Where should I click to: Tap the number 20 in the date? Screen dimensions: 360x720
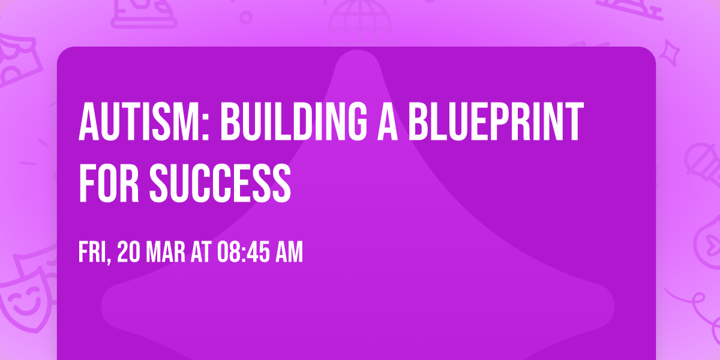coord(128,253)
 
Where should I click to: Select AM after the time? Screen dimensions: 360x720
coord(289,253)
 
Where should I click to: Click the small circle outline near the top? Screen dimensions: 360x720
coord(246,16)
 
